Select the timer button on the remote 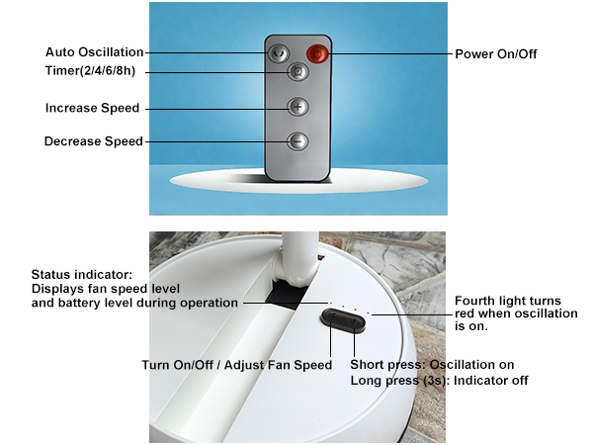point(297,72)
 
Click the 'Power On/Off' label point(497,52)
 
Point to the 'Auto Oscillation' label point(95,52)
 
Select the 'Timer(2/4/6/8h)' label point(90,72)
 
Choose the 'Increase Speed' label point(93,108)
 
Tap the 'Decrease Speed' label point(94,141)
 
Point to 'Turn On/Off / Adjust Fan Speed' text point(237,365)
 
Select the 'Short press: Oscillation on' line point(433,364)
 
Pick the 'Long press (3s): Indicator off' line point(441,380)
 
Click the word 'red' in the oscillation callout point(466,313)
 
